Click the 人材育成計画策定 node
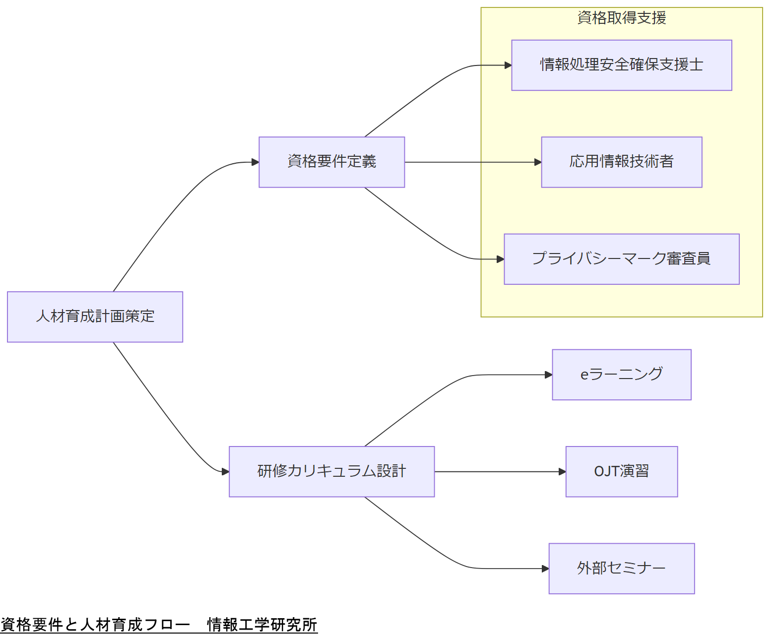(x=95, y=317)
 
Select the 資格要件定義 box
(x=331, y=162)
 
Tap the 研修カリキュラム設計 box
(x=331, y=471)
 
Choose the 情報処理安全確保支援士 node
(x=621, y=65)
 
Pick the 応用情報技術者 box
(x=621, y=162)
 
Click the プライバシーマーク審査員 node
(x=621, y=259)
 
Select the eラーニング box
(x=621, y=375)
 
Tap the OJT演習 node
(x=621, y=471)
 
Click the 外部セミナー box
(x=621, y=568)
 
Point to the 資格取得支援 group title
(x=621, y=18)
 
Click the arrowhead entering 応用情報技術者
(x=538, y=162)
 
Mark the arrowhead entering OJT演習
(x=562, y=471)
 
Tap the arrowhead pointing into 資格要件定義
(x=256, y=162)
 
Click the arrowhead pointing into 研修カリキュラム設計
(x=226, y=471)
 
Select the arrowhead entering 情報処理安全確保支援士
(x=508, y=65)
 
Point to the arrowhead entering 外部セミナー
(x=545, y=569)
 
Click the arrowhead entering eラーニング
(x=549, y=375)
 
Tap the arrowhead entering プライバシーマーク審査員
(x=501, y=259)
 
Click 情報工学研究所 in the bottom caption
(x=262, y=625)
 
